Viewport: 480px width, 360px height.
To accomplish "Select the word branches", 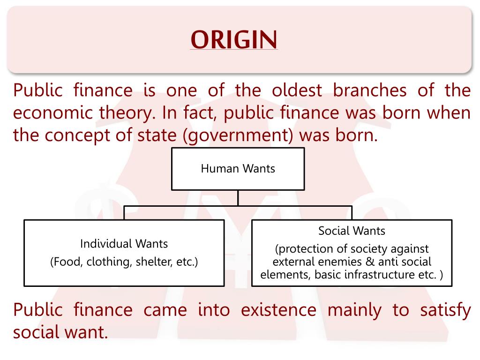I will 370,90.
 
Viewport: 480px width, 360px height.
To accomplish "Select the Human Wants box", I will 238,169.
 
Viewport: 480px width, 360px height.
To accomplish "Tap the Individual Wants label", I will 124,244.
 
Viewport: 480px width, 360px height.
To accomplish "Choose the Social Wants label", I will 352,231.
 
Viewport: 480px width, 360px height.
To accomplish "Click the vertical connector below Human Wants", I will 238,197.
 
